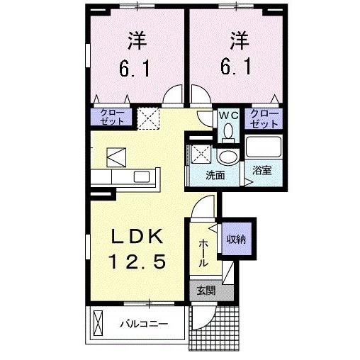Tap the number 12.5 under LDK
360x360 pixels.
(138, 263)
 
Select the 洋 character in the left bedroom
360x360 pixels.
(137, 40)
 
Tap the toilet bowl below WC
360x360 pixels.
(227, 131)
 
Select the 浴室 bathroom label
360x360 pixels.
(263, 170)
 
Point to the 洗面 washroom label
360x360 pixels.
(215, 174)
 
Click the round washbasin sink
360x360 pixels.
(227, 157)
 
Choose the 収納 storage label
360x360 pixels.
(237, 240)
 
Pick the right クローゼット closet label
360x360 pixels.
(263, 118)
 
